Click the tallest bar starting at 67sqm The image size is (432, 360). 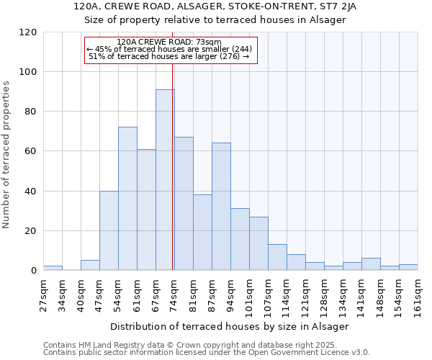(165, 180)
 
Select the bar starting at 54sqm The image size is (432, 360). (127, 199)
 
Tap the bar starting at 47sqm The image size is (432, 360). (109, 230)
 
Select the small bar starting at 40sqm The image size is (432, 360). (90, 266)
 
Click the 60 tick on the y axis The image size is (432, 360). (30, 152)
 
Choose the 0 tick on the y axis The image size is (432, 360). (33, 271)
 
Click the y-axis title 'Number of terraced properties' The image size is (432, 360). (7, 155)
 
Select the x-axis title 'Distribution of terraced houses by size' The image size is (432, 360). (230, 326)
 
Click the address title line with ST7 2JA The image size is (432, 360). (215, 6)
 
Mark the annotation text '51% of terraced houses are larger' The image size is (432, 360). (168, 56)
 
